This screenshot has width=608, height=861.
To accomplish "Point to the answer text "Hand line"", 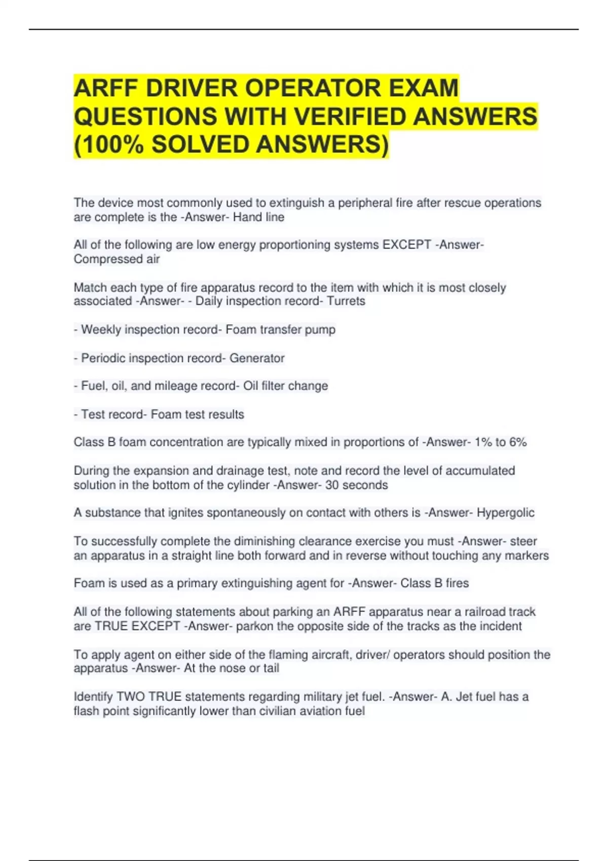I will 258,217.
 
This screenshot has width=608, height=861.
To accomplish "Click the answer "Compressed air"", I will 117,259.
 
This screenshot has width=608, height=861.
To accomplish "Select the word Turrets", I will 346,301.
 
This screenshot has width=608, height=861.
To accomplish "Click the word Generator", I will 257,358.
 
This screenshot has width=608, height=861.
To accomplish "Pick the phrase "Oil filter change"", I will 286,386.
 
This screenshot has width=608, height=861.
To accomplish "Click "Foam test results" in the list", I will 198,414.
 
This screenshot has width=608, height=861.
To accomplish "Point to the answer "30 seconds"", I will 357,485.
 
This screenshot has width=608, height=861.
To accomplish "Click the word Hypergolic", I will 505,513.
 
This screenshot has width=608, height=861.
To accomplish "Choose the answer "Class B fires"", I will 435,583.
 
